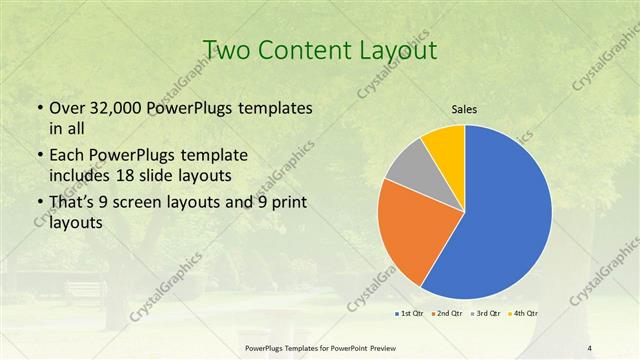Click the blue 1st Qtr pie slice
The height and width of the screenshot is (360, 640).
point(510,215)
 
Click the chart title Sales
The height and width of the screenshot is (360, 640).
point(464,110)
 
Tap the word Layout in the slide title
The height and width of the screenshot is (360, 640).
point(394,50)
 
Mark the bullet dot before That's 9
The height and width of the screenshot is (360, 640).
point(38,204)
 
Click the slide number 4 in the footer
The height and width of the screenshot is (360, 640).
point(590,347)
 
